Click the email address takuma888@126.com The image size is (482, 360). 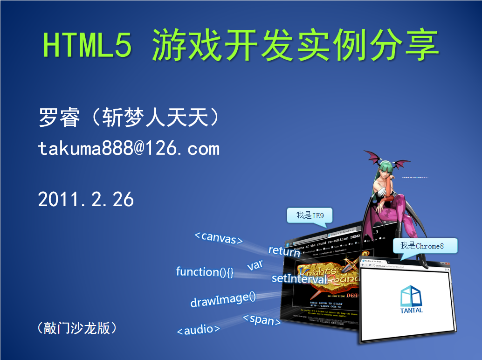pos(129,148)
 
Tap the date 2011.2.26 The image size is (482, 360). pos(86,200)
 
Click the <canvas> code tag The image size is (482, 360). pos(219,237)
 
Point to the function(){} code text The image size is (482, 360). pos(205,271)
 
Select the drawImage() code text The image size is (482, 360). pos(223,299)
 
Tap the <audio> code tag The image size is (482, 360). pos(198,330)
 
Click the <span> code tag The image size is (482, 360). pos(262,320)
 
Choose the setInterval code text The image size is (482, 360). pos(299,279)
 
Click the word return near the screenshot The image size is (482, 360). pos(284,251)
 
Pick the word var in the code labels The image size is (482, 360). pos(255,265)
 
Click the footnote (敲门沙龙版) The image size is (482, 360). pos(76,328)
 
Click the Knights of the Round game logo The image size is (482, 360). pos(326,275)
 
